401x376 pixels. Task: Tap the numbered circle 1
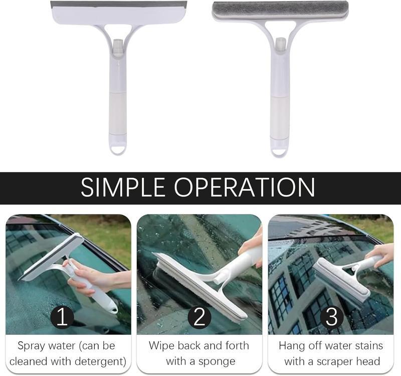point(62,317)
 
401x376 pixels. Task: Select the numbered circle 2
point(199,317)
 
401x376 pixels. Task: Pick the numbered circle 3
point(332,317)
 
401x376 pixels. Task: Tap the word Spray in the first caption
point(31,346)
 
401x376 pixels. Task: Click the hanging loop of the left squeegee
point(118,149)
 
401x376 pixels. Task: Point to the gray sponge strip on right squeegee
point(280,10)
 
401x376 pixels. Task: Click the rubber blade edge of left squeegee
point(118,4)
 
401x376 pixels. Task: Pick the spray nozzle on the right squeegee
point(280,44)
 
